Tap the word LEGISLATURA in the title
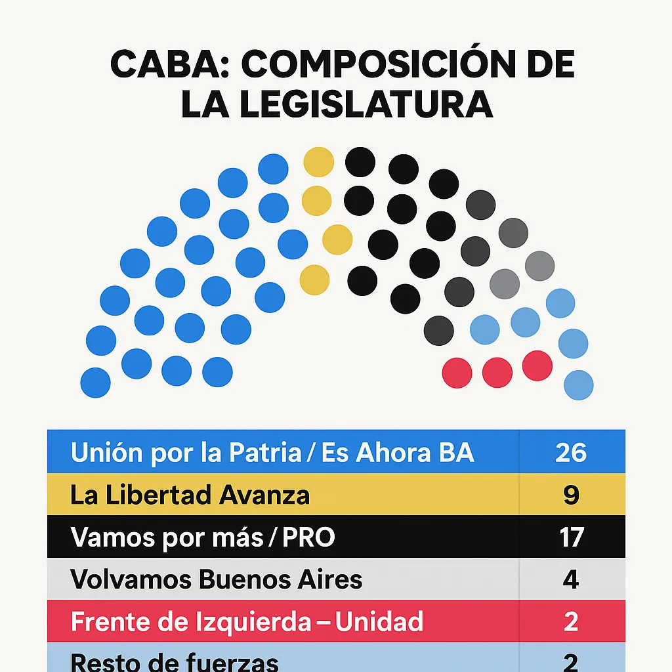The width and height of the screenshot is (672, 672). [364, 104]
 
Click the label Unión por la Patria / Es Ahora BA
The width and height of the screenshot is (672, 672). [272, 453]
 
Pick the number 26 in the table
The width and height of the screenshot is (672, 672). [570, 453]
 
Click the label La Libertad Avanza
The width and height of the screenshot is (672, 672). [190, 495]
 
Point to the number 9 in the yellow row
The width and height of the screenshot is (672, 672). [571, 495]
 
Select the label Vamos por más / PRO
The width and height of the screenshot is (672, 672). [202, 537]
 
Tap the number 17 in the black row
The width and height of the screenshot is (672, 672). [571, 537]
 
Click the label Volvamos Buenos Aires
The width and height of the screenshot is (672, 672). [216, 579]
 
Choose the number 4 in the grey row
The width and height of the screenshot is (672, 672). [571, 579]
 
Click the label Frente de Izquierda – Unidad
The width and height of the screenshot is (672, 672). [247, 621]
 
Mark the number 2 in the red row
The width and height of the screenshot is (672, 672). [571, 621]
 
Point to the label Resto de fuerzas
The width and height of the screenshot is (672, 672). [174, 661]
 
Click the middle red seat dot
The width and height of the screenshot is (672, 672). [497, 372]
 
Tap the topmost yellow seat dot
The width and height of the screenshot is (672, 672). [319, 161]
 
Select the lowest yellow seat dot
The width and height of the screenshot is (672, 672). [314, 280]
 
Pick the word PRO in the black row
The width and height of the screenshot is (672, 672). [308, 537]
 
